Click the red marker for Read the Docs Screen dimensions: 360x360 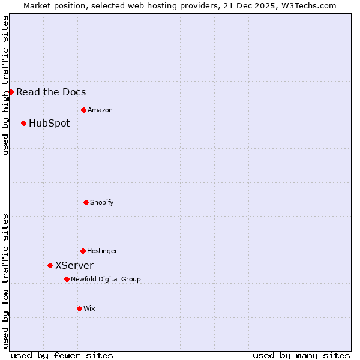11,92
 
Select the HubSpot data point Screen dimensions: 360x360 23,123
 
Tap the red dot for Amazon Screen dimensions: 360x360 83,110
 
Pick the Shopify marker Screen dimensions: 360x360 86,202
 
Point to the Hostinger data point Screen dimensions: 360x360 83,251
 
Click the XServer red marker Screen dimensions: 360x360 50,265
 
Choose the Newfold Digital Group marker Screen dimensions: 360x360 67,279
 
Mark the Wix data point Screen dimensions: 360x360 79,308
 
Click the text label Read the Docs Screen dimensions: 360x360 51,92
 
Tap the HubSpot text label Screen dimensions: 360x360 49,123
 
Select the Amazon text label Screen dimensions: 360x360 100,110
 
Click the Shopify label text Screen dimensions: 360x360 102,202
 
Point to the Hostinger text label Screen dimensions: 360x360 102,251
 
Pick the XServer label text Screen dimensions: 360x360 74,265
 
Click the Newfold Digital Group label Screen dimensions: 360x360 106,279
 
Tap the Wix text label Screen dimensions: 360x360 89,308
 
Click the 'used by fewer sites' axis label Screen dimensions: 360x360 62,355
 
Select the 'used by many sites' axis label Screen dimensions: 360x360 301,355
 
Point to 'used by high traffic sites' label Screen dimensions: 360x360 5,85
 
